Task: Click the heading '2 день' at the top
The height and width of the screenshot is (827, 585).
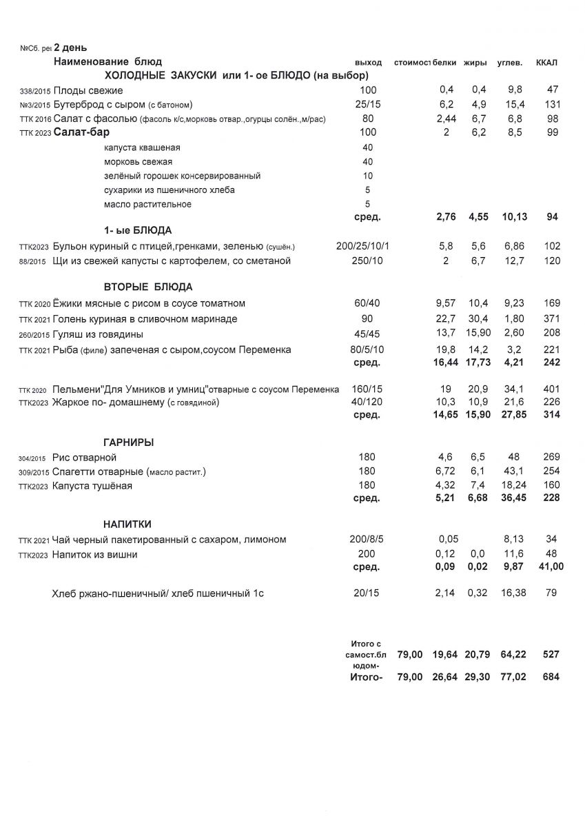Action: (x=70, y=48)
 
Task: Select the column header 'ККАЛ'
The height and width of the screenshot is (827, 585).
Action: (x=546, y=63)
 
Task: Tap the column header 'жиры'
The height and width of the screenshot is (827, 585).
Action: (x=475, y=63)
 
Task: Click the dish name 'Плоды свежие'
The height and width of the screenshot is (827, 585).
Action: (x=88, y=91)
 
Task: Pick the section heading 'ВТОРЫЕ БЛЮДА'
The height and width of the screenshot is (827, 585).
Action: (x=148, y=287)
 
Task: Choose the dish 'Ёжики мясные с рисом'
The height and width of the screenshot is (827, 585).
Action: (x=149, y=304)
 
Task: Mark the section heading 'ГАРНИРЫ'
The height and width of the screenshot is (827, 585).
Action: (x=129, y=442)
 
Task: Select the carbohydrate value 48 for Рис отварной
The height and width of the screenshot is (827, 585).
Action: (x=513, y=458)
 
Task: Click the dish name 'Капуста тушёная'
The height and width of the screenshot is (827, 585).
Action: (x=92, y=486)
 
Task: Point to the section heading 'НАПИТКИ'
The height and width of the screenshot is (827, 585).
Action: (x=127, y=524)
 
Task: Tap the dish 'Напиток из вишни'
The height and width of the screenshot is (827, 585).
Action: (x=95, y=554)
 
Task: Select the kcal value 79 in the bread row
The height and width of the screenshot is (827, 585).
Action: (x=551, y=592)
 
